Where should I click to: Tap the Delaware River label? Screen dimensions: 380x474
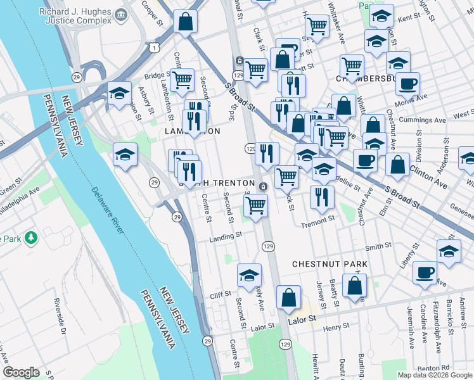coord(107,210)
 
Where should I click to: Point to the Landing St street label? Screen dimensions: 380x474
coord(227,236)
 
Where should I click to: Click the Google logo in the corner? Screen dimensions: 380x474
coord(21,372)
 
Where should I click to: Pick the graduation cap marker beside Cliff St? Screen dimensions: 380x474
coord(250,275)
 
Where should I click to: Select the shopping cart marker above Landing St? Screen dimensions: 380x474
coord(255,205)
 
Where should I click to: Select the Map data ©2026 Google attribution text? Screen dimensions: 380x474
coord(434,375)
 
